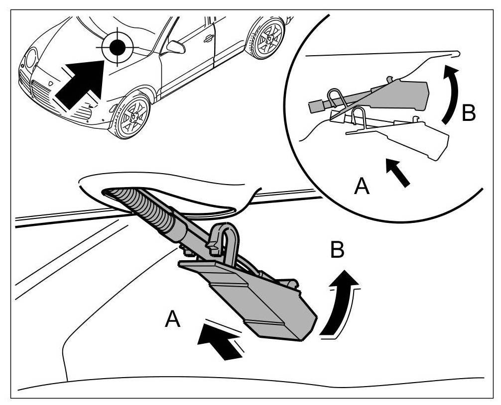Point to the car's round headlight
31,58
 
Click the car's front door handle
209,38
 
